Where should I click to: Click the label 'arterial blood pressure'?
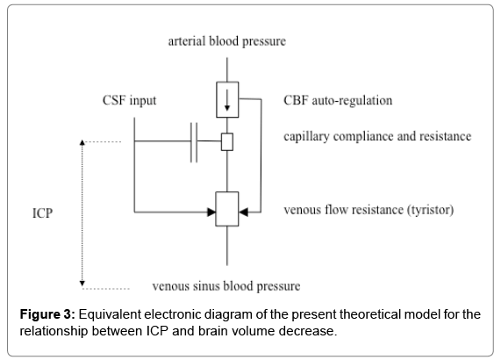pos(227,41)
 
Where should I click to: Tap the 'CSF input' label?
pos(129,100)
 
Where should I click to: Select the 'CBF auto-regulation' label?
pos(338,100)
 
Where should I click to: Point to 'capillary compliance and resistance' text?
pos(377,136)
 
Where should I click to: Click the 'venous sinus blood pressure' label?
pos(226,286)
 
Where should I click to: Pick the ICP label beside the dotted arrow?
pos(42,213)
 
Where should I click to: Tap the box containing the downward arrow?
pos(227,100)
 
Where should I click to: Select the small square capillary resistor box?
pos(227,142)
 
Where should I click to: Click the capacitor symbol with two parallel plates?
pos(194,142)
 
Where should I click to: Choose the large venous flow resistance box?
pos(227,209)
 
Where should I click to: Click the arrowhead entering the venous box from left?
pos(211,212)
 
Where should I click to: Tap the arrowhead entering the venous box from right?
pos(243,212)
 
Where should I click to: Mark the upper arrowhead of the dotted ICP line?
pos(82,142)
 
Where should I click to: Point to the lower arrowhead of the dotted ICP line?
pos(82,284)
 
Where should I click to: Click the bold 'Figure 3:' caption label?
pos(47,314)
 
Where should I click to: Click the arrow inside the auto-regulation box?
pos(227,100)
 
